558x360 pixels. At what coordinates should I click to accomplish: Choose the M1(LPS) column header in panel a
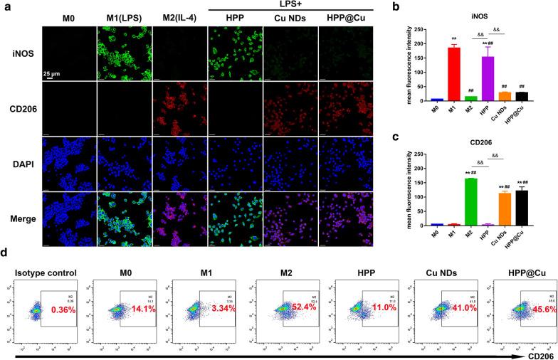(x=124, y=18)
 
